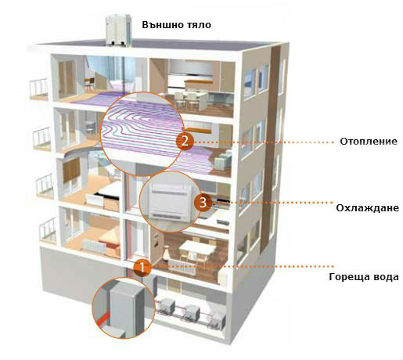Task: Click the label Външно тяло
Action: pos(177,25)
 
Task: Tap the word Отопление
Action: pos(369,142)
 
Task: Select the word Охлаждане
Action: pos(367,208)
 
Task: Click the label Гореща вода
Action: pos(364,277)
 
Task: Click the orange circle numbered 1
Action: pos(142,268)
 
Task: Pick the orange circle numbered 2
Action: pos(185,141)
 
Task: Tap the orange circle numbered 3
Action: pos(203,203)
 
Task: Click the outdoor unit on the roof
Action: pos(118,31)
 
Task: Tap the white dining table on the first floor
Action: pos(198,247)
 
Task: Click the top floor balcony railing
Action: pos(38,88)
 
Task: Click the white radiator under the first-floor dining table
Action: pos(182,267)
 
